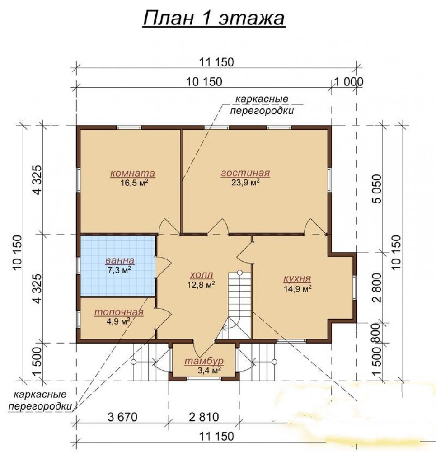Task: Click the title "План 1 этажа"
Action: [x=214, y=19]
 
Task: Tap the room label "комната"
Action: [x=132, y=173]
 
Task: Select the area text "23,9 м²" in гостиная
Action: [x=245, y=182]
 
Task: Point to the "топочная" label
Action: [x=119, y=312]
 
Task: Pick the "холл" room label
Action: [x=202, y=274]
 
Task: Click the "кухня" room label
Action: [x=297, y=278]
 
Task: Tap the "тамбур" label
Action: [x=204, y=361]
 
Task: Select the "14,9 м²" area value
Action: [x=298, y=288]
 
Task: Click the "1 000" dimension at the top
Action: [x=349, y=82]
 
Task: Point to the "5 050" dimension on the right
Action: [x=377, y=189]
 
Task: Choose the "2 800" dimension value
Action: [x=377, y=287]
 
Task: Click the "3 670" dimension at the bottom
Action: [x=122, y=417]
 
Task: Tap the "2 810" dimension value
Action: [x=204, y=417]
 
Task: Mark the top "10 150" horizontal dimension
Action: [x=204, y=82]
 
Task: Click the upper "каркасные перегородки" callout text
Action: [x=262, y=105]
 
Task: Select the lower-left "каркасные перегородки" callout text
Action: [x=40, y=400]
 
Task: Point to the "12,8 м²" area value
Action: [x=201, y=285]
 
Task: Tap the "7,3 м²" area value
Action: [x=120, y=270]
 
